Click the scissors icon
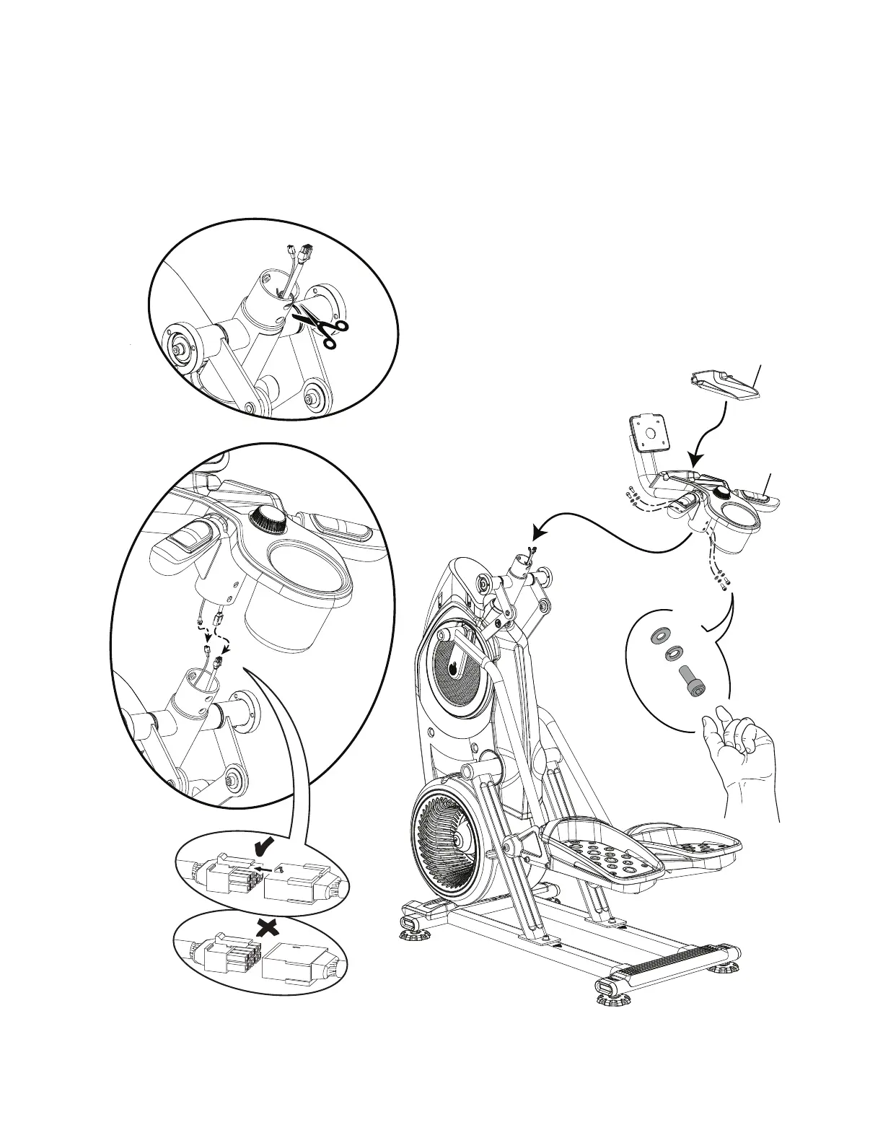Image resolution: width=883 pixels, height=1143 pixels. tap(323, 328)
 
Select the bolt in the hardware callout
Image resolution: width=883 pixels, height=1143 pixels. tap(692, 681)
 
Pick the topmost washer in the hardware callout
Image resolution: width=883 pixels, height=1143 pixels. tap(658, 636)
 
